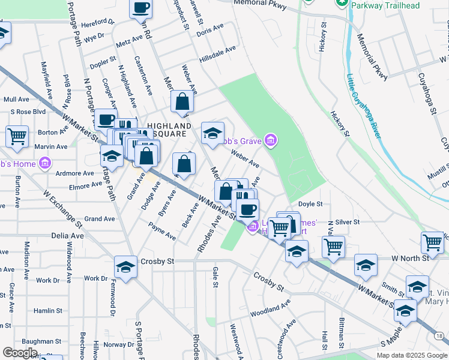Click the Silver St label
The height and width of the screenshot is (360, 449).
pos(348,222)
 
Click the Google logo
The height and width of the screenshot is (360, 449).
pos(19,353)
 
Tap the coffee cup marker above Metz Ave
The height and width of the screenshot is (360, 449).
pos(141,8)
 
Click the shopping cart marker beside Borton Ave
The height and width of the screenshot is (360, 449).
pos(17,136)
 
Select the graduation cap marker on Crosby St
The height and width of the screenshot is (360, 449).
pos(126,267)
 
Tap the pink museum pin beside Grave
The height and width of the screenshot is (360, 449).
pos(271,140)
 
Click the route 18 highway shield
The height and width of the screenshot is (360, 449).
pos(442,338)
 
